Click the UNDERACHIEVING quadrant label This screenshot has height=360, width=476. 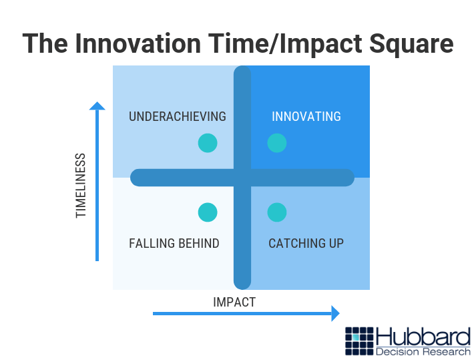click(178, 116)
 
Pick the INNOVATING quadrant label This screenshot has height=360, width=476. click(306, 116)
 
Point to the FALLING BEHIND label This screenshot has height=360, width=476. click(174, 243)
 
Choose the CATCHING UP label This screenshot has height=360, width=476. click(306, 243)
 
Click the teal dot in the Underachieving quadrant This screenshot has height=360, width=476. click(208, 143)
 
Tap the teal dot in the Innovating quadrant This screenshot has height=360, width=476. click(277, 143)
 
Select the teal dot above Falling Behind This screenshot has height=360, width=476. click(208, 212)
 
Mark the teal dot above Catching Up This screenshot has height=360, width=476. click(277, 212)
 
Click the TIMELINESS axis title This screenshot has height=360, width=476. click(81, 186)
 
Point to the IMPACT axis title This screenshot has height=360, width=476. click(234, 303)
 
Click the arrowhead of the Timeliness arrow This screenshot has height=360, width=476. click(97, 106)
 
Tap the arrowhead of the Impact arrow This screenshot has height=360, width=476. click(335, 313)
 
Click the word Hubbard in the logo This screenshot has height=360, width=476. click(423, 337)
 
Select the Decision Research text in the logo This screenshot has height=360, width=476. click(423, 352)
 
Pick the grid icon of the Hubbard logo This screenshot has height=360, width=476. click(359, 341)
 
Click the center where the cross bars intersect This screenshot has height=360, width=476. click(242, 178)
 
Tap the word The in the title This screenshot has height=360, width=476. click(45, 43)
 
